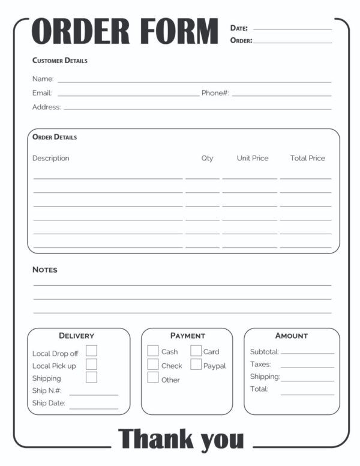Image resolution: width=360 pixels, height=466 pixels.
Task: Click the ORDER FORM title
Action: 124,32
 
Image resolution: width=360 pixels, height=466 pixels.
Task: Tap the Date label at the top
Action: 239,28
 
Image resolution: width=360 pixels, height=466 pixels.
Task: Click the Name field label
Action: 43,79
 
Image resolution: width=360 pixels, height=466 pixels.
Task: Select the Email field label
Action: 42,93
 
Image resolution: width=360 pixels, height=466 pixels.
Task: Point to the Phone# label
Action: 215,93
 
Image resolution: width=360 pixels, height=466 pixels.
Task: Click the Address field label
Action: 46,107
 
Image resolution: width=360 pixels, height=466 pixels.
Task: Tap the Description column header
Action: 50,159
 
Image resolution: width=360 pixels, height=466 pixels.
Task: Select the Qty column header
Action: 207,159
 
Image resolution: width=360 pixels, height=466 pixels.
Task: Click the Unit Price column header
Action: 253,159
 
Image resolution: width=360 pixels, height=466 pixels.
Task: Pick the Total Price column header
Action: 307,159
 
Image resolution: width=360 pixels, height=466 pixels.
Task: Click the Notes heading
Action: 45,270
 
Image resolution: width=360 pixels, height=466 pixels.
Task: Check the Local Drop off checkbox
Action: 91,351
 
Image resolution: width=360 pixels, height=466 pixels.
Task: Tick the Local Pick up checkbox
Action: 91,364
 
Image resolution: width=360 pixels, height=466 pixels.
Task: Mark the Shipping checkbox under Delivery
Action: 91,377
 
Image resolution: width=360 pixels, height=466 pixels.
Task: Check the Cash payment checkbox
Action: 153,351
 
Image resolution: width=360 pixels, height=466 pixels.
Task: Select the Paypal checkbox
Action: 196,364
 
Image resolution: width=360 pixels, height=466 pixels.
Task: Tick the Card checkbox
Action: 196,351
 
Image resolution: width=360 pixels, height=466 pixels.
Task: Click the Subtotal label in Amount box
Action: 264,352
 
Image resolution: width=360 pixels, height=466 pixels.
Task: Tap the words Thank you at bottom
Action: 181,439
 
